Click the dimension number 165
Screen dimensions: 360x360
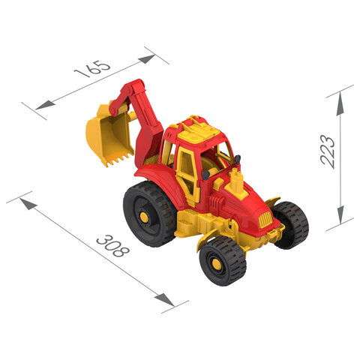click(x=92, y=69)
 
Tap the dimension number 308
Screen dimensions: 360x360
click(x=113, y=246)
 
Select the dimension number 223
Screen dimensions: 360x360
click(x=328, y=151)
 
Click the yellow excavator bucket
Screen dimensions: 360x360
click(x=109, y=136)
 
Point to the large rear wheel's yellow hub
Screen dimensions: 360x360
click(x=143, y=217)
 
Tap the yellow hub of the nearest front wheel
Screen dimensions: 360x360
click(x=217, y=264)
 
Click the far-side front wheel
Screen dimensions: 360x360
click(x=291, y=225)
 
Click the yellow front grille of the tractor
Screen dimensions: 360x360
click(x=265, y=220)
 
